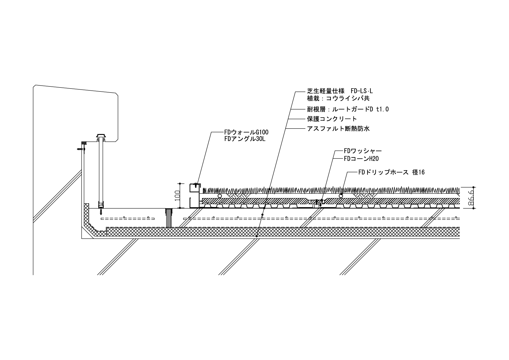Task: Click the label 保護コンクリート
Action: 332,119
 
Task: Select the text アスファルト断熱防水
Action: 338,129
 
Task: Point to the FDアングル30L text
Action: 244,139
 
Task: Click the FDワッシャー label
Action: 363,151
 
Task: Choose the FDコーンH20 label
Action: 361,159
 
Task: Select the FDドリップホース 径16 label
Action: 391,172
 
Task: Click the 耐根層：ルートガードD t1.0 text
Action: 348,109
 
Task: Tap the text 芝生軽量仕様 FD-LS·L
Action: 340,91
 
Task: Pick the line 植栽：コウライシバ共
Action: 338,98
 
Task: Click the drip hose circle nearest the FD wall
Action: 220,196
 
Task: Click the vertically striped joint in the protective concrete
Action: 169,218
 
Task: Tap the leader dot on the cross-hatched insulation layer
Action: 257,236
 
